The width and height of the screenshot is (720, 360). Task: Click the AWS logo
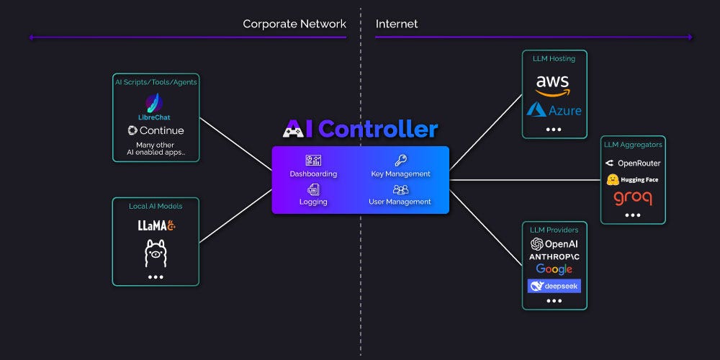552,84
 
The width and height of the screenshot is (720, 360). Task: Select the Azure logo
554,110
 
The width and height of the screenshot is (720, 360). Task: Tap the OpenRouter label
633,163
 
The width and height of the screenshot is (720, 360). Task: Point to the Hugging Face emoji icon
613,179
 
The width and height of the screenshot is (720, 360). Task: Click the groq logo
633,197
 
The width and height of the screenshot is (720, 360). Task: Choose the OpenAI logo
554,244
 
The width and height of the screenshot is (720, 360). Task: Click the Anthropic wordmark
554,256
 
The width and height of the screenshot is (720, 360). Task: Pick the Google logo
554,269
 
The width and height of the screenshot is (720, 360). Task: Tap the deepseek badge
554,286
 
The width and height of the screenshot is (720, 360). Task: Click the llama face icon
156,253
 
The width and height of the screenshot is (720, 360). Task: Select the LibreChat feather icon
154,102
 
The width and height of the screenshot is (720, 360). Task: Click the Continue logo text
156,130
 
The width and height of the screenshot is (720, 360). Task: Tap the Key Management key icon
400,161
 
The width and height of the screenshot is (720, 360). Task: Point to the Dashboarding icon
313,161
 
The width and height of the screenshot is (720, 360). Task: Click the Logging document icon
313,189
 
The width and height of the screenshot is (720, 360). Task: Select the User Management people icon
400,189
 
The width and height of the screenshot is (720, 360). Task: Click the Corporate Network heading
294,24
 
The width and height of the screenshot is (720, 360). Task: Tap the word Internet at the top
397,24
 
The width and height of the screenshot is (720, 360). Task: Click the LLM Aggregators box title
633,145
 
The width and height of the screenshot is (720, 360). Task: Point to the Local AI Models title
156,207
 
